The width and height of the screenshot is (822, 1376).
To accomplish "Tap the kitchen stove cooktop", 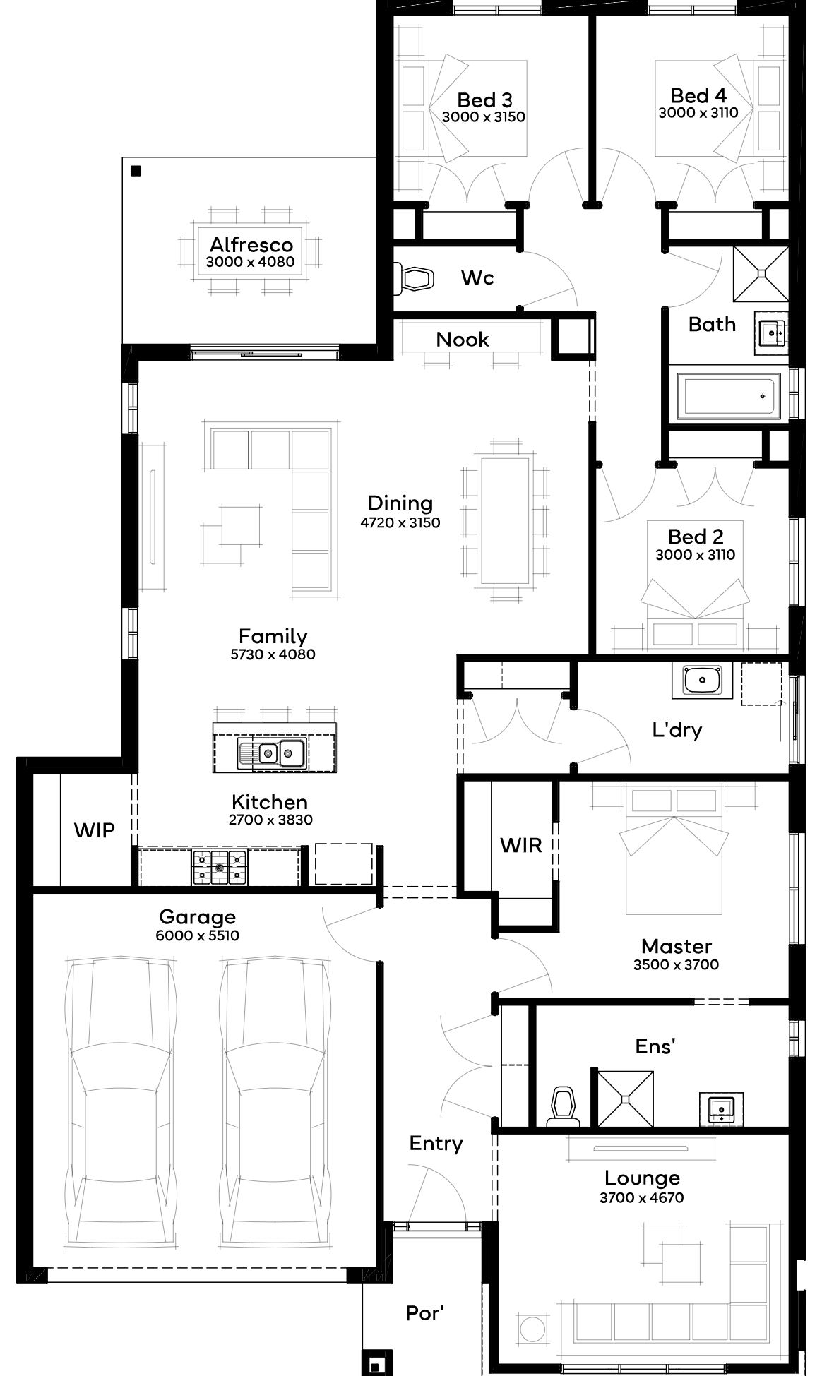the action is [x=220, y=867].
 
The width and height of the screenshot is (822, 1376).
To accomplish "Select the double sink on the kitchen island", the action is [x=271, y=753].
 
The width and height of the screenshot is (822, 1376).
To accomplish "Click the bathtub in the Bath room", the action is [x=729, y=395].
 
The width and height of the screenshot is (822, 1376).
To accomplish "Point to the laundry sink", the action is [x=702, y=681].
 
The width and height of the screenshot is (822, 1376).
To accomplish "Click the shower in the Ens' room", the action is [x=626, y=1098].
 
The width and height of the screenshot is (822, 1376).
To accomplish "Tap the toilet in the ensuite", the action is [x=563, y=1107].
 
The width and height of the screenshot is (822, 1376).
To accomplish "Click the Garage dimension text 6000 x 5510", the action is [x=198, y=935].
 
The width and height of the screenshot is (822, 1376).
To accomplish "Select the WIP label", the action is [x=95, y=830].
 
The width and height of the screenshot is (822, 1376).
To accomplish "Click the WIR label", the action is [x=521, y=845].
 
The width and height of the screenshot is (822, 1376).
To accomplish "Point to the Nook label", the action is [x=463, y=340].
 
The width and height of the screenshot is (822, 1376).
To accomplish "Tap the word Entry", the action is [x=436, y=1143].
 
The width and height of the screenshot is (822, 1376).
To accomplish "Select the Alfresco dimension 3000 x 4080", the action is [x=251, y=262].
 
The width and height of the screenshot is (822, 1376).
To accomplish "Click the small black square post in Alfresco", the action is [x=136, y=171].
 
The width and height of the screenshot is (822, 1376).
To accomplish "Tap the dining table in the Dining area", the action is [x=504, y=520].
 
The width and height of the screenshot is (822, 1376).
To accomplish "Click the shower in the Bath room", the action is [x=761, y=273].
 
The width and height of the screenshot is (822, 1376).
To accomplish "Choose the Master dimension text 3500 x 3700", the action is [x=676, y=964].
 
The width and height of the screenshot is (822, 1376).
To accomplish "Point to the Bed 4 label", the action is [x=698, y=95].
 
